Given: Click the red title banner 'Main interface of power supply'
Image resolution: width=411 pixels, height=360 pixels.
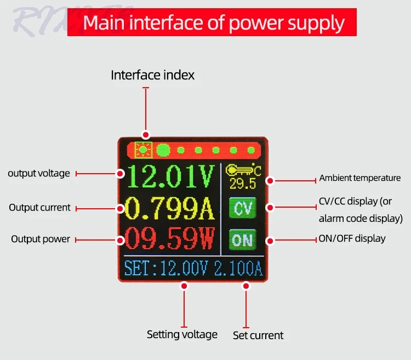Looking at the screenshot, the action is click(212, 23).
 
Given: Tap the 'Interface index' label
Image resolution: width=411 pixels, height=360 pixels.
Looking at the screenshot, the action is click(152, 75).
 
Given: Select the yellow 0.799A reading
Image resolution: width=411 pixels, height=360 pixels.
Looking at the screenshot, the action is click(170, 208).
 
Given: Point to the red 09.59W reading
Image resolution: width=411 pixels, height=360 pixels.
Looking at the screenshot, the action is click(170, 239).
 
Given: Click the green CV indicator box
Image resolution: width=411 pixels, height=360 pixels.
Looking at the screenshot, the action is click(242, 208).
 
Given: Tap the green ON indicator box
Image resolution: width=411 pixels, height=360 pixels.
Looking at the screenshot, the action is click(242, 239).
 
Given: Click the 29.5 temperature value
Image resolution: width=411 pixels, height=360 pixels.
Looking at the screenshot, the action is click(243, 183).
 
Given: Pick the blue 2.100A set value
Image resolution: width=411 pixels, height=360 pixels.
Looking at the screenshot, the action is click(238, 269).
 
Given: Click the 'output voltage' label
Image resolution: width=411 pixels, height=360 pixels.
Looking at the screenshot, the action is click(39, 174).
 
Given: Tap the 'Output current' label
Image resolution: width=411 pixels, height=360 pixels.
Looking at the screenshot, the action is click(39, 208).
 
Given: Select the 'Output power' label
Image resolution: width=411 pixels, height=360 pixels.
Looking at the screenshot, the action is click(41, 239).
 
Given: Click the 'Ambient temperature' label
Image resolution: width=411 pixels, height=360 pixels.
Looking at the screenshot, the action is click(360, 178).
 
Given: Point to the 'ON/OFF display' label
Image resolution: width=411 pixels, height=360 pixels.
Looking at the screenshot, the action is click(352, 238).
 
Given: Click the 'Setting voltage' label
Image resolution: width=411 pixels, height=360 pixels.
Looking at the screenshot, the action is click(182, 334).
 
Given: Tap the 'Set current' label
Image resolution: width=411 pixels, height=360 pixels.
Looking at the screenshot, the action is click(258, 335).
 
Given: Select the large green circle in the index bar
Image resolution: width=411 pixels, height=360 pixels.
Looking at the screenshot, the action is click(163, 150).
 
